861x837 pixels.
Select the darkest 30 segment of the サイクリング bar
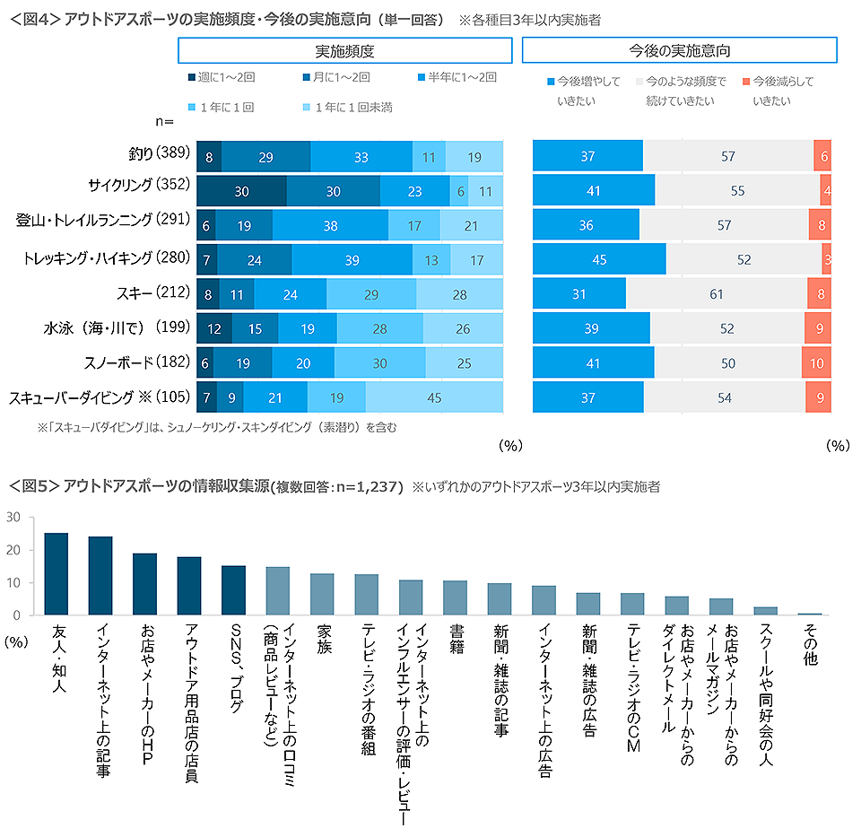click(x=241, y=191)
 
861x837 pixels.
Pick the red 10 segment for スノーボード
click(x=816, y=362)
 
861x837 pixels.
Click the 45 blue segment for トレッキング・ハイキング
click(x=599, y=259)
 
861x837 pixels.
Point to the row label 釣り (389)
click(x=158, y=156)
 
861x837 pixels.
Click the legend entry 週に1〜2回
click(x=220, y=78)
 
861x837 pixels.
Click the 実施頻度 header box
click(x=345, y=50)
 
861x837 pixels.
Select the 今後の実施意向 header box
click(x=679, y=50)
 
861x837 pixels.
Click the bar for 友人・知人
click(x=57, y=574)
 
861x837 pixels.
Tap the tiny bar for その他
click(x=809, y=614)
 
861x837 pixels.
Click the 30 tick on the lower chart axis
click(x=12, y=518)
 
